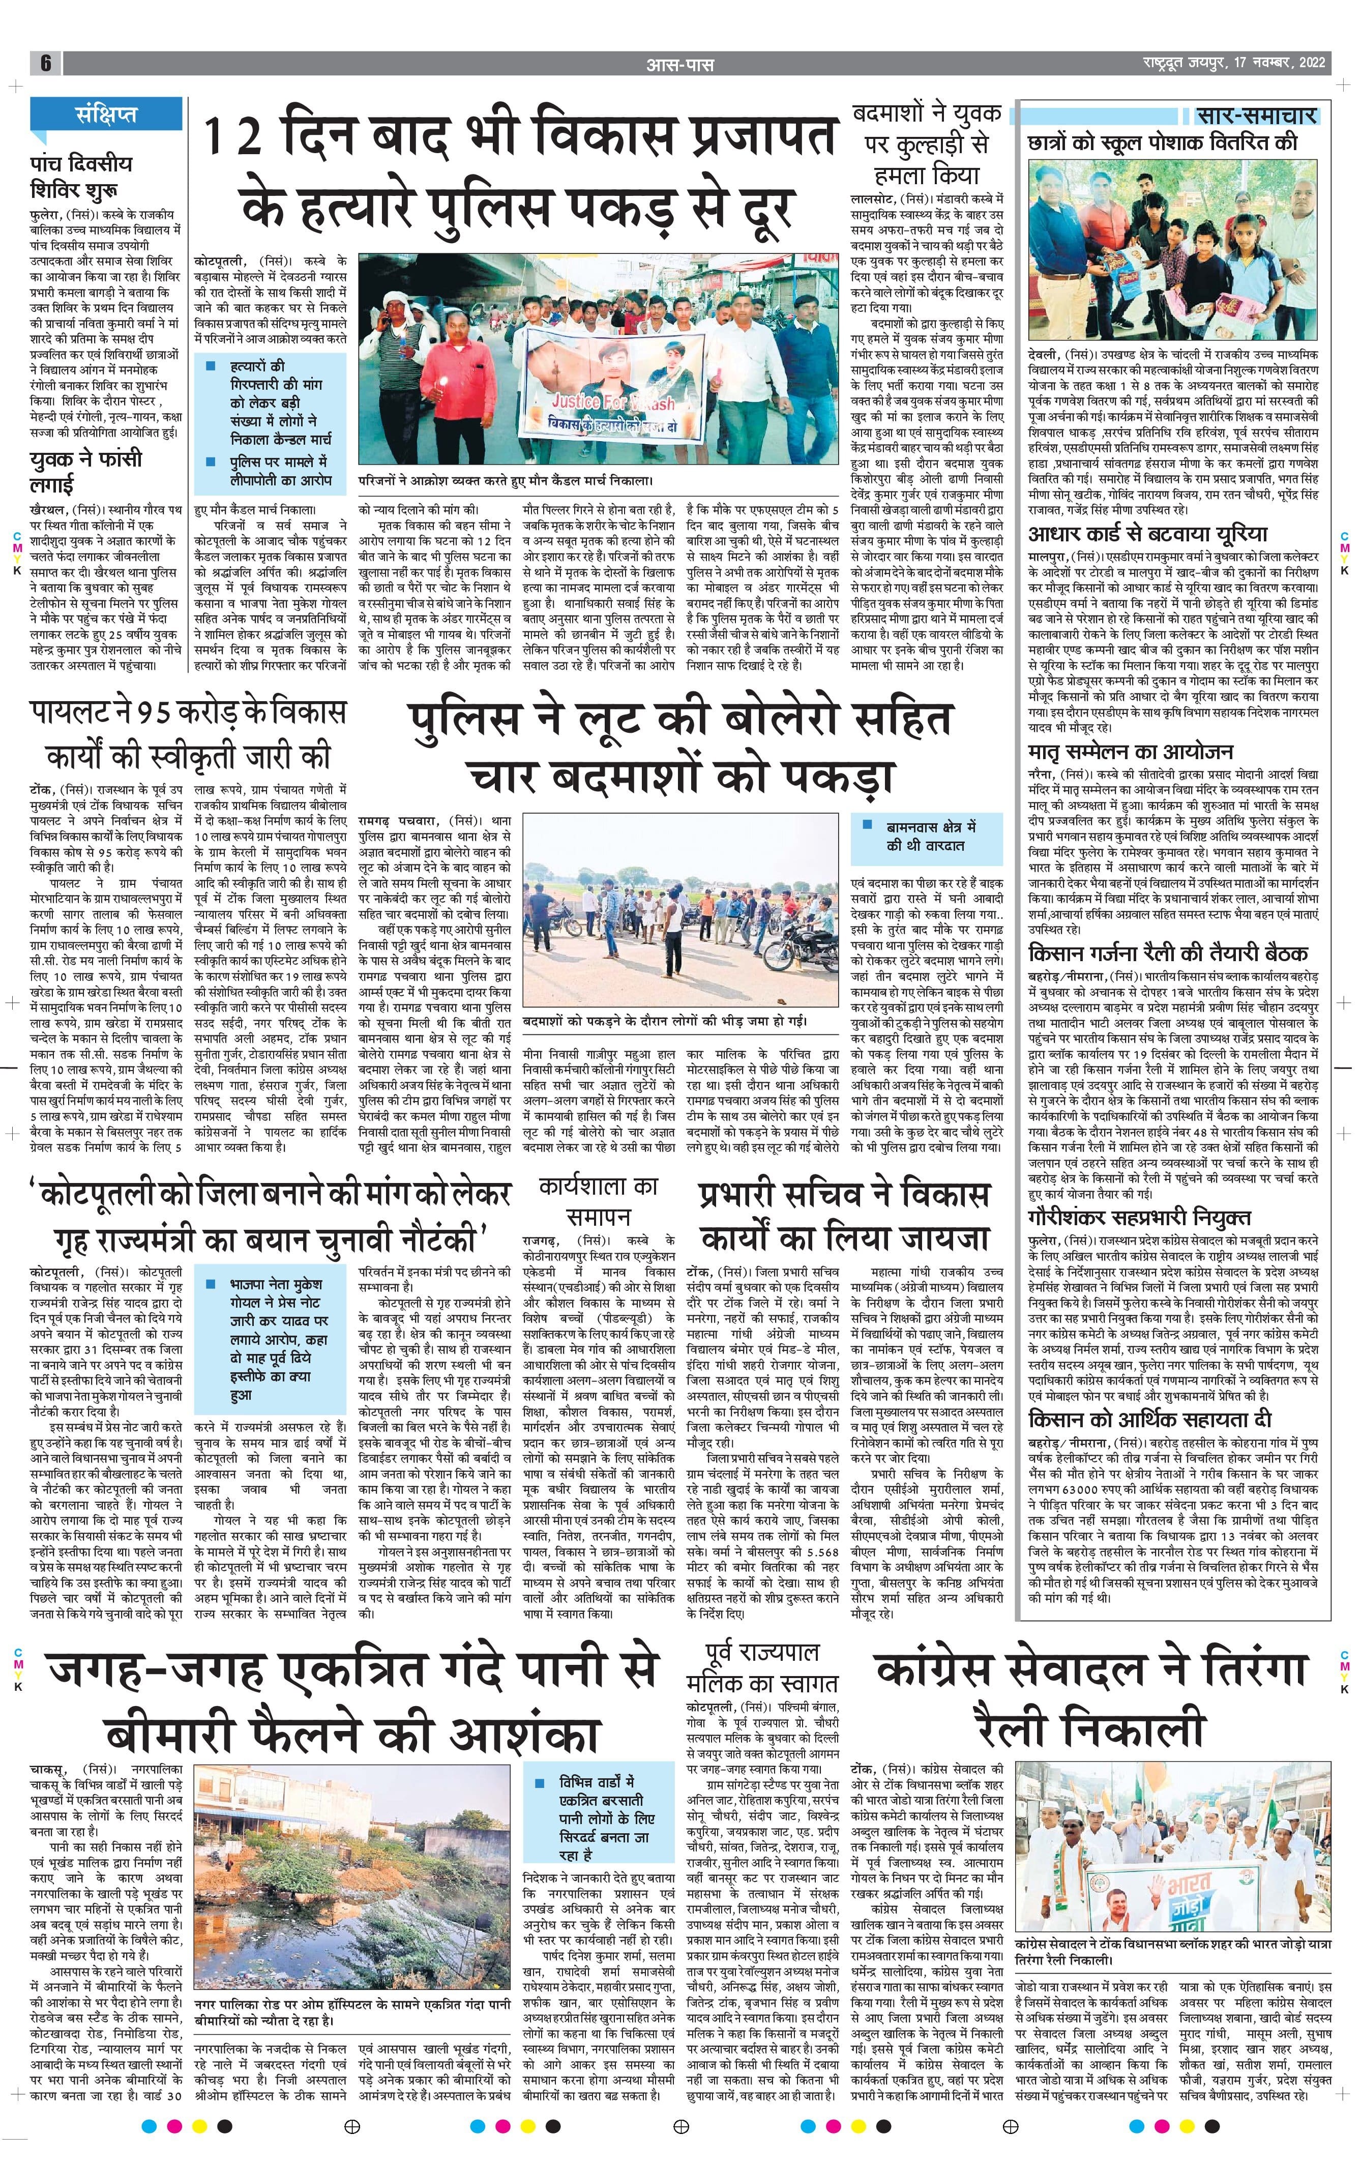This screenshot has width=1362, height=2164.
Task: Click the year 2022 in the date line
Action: tap(1307, 64)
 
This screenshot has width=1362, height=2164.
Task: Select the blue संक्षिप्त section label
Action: tap(106, 115)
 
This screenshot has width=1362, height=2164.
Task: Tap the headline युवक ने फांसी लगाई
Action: tap(85, 470)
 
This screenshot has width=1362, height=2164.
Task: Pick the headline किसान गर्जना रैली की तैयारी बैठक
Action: tap(1167, 953)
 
